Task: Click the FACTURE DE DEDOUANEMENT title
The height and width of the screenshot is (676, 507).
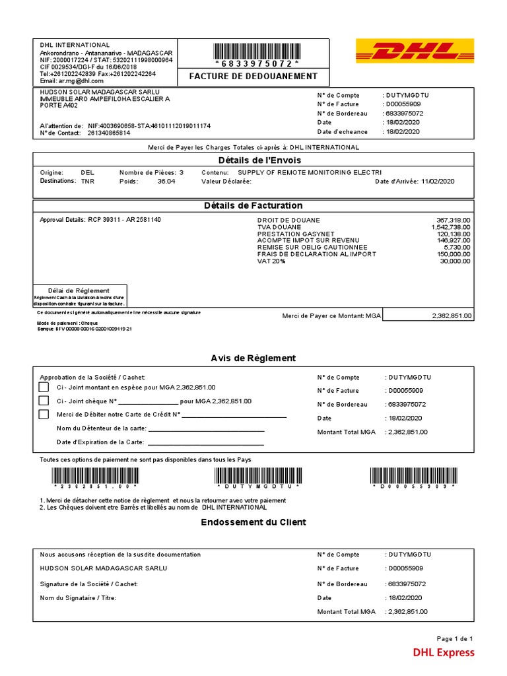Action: tap(253, 77)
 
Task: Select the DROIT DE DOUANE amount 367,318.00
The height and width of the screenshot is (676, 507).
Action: tap(453, 220)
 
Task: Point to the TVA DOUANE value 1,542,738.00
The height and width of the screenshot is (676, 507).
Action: tap(450, 227)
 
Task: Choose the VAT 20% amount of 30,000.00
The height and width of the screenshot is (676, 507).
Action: tap(455, 261)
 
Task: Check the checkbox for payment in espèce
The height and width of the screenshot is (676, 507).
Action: tap(44, 388)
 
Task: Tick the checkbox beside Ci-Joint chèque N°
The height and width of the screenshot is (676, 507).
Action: tap(44, 401)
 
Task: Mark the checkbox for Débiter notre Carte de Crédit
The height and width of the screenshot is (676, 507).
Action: tap(44, 415)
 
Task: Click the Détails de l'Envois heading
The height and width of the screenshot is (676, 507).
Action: tap(253, 161)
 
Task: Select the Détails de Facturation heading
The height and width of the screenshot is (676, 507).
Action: tap(253, 206)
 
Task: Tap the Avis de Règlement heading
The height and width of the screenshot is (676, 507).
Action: tap(253, 358)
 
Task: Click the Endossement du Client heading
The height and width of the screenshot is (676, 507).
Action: tap(253, 522)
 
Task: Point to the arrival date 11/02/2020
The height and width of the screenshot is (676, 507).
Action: tap(437, 182)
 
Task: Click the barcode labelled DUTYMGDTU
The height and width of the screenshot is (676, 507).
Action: tap(257, 475)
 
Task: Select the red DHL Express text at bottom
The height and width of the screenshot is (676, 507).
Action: tap(443, 653)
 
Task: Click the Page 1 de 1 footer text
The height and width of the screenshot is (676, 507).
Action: tap(455, 638)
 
